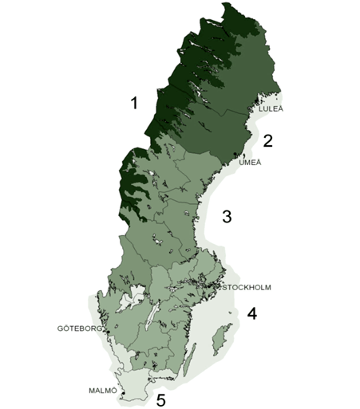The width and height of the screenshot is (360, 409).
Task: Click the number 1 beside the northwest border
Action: point(134,102)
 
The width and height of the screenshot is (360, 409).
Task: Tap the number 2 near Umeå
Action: point(268,141)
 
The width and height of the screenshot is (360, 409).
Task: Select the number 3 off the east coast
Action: point(227,216)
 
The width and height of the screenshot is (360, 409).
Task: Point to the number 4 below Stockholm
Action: point(251,313)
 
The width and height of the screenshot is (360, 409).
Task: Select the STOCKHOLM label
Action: point(250,287)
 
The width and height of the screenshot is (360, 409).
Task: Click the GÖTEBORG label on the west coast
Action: point(80,328)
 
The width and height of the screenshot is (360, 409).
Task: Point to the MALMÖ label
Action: point(102,390)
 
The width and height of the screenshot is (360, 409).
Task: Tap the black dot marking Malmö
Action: point(122,393)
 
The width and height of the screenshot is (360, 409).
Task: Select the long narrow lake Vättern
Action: point(149,317)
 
